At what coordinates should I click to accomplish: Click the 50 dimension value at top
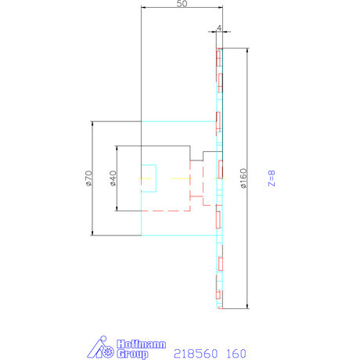[182, 4]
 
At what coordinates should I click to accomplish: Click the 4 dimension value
[219, 28]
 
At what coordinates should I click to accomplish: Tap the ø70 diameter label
[89, 178]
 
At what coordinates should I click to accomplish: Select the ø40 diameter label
[113, 178]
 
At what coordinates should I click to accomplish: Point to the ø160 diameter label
[243, 178]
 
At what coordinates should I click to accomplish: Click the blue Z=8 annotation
[272, 178]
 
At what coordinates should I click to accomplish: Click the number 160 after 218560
[236, 353]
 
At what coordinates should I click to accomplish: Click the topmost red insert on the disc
[220, 57]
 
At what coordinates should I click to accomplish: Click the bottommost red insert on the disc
[220, 298]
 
